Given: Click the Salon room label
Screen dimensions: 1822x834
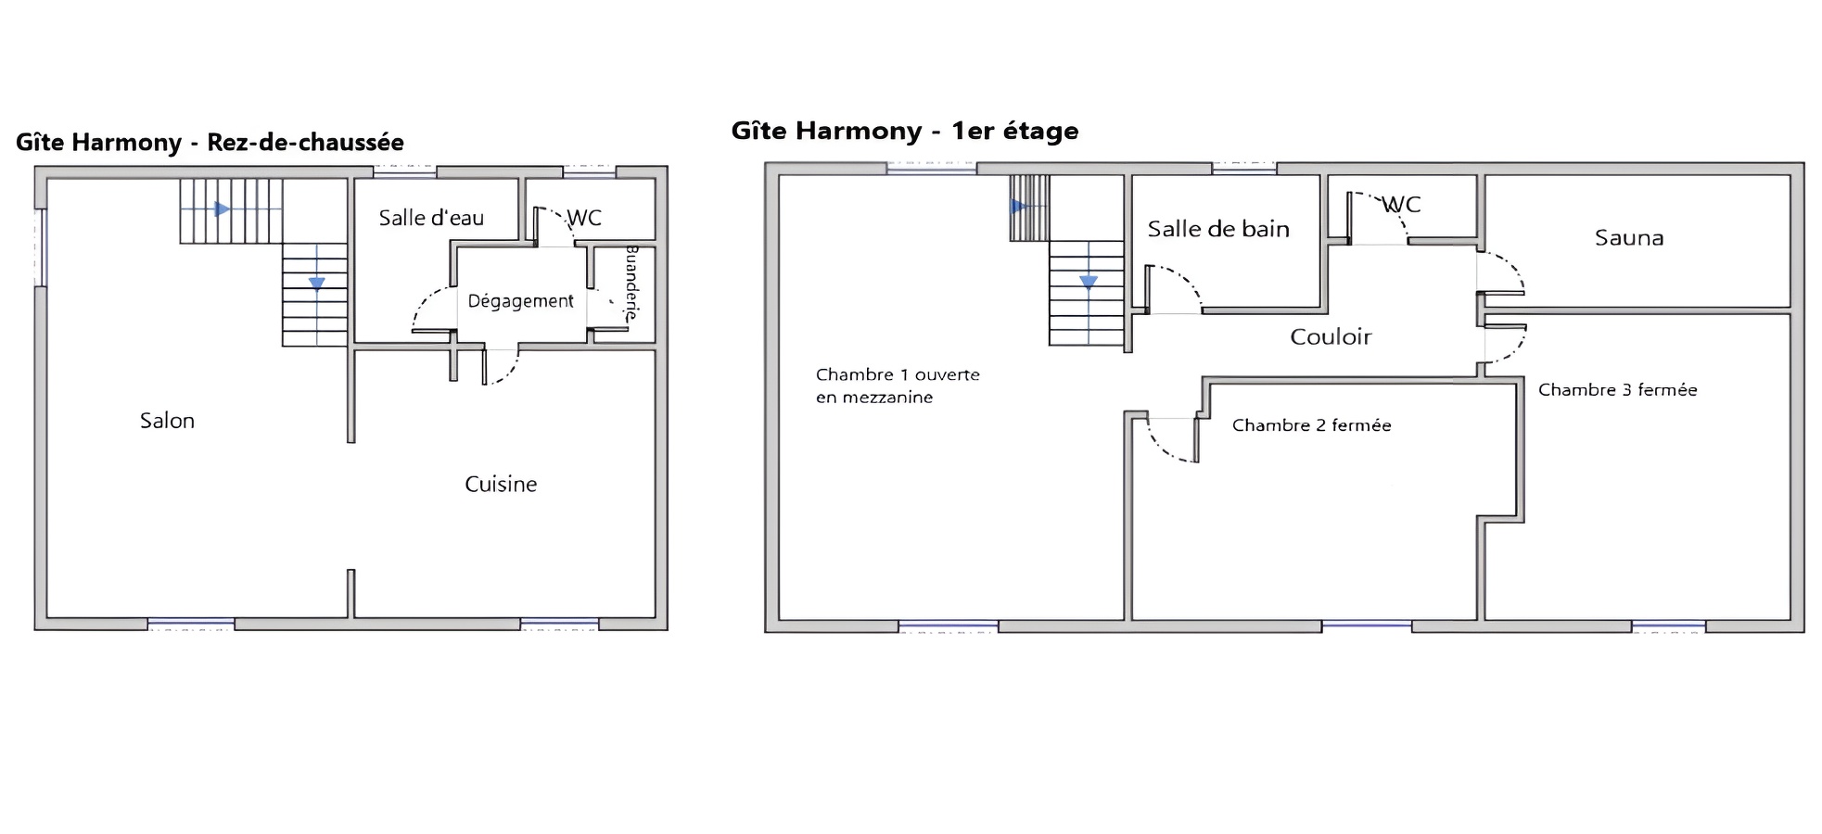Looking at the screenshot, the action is [167, 421].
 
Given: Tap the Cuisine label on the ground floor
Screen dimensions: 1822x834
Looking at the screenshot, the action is [501, 484].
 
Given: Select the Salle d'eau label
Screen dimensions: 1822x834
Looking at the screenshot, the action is [431, 218].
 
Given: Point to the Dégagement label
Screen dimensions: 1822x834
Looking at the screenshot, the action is [520, 301].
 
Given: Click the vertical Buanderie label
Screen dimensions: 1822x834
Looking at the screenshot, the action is [632, 283].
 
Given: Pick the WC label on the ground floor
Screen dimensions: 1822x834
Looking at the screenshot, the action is [584, 218].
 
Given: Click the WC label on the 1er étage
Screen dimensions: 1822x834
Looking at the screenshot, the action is [1401, 204].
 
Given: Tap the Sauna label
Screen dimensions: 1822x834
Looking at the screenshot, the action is [1629, 238].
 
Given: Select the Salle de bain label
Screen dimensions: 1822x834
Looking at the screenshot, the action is [1218, 229].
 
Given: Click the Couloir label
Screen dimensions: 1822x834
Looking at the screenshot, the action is [1331, 336].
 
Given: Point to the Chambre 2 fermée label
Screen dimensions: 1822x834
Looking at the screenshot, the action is [1311, 425].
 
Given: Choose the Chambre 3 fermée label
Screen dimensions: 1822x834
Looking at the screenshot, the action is [1617, 390].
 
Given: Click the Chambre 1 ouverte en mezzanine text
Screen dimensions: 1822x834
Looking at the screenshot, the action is [897, 385].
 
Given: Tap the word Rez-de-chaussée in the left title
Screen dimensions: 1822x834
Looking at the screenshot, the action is [305, 142].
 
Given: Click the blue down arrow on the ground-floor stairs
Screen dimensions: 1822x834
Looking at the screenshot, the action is [317, 284].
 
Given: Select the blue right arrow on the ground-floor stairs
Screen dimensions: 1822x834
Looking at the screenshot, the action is [223, 209].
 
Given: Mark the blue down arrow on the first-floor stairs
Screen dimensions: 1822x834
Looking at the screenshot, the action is [1089, 282].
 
